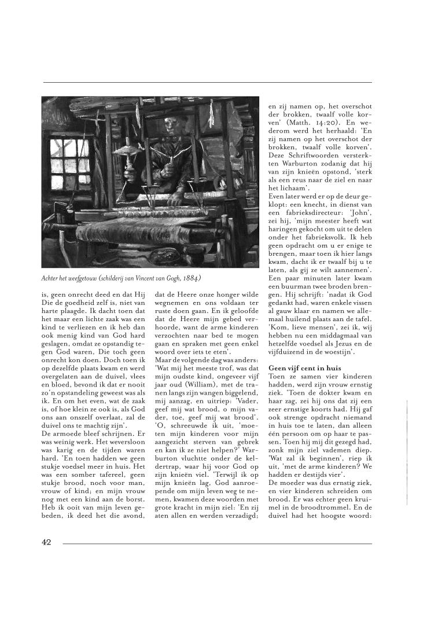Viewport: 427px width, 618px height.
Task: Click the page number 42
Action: (47, 542)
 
